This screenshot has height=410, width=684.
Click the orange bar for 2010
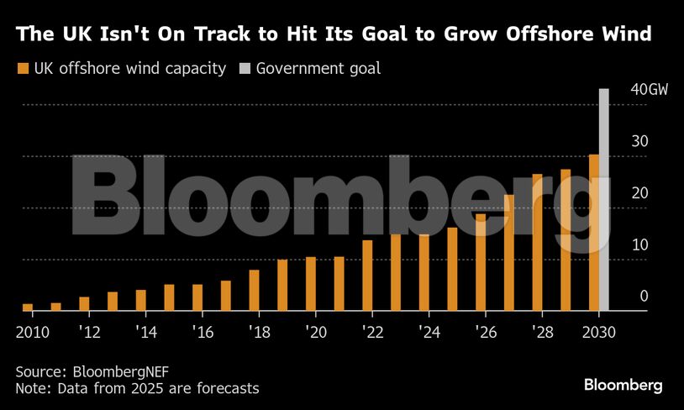click(x=28, y=307)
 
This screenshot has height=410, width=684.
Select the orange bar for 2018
click(x=255, y=291)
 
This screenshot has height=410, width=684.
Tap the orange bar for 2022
click(x=367, y=276)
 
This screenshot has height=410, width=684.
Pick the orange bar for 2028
click(x=537, y=243)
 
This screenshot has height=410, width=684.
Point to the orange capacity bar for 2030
click(x=593, y=233)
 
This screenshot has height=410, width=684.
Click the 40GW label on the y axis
click(x=649, y=90)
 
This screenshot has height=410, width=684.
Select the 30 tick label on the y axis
click(x=640, y=141)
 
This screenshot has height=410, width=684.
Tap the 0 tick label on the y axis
click(x=644, y=296)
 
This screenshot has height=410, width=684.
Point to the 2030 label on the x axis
click(x=598, y=331)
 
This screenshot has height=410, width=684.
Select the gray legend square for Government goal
click(x=245, y=68)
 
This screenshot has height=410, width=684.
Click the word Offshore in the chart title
click(x=541, y=35)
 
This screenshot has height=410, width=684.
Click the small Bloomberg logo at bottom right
click(x=623, y=385)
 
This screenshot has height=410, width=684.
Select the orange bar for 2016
click(x=197, y=297)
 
